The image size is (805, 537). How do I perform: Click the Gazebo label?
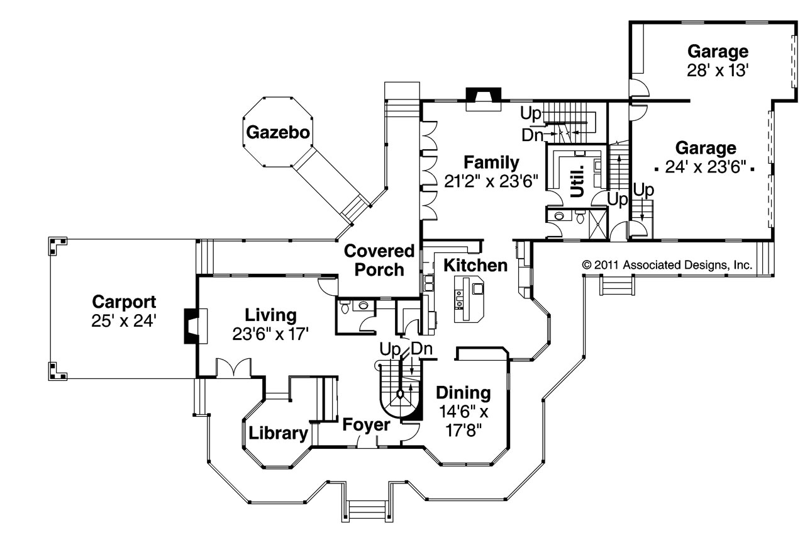(x=278, y=132)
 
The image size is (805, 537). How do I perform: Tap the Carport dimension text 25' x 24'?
(x=123, y=320)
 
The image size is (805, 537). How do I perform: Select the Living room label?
(x=270, y=314)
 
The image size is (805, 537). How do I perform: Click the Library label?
(x=279, y=433)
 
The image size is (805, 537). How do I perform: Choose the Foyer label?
(x=366, y=425)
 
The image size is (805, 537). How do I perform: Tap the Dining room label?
(x=464, y=393)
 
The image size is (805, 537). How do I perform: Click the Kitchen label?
(x=475, y=265)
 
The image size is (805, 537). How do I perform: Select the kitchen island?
(x=469, y=298)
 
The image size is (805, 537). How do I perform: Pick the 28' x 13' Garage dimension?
(x=718, y=69)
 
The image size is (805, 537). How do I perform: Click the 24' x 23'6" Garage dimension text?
(x=705, y=167)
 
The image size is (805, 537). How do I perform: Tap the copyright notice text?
(x=667, y=265)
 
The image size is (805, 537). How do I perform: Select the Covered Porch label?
(x=379, y=261)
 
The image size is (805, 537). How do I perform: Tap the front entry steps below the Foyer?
(x=367, y=507)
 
